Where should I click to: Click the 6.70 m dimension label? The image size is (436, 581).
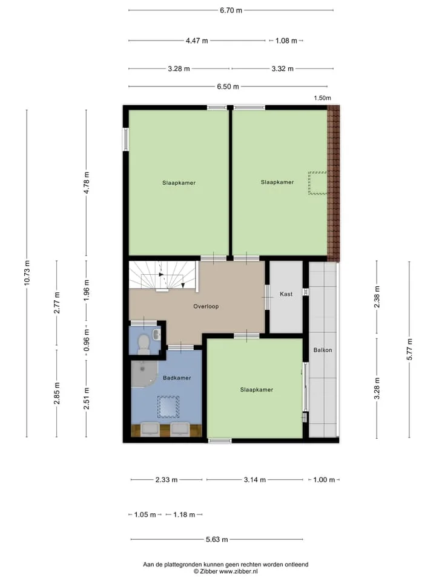tap(231, 10)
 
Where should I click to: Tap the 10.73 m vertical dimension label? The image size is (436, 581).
tap(27, 273)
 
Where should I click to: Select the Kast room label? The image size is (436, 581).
tap(286, 294)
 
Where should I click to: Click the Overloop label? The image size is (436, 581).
tap(206, 306)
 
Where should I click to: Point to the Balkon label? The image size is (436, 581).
tap(323, 350)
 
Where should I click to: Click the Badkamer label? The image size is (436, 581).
tap(177, 378)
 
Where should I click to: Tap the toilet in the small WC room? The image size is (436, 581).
tap(144, 344)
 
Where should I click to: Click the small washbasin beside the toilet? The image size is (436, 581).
tap(157, 334)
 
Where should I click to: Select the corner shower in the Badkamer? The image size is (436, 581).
tap(144, 374)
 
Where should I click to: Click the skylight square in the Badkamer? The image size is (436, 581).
tap(168, 407)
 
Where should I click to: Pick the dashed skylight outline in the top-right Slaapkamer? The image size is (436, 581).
tap(318, 183)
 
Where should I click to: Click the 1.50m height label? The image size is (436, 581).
tap(322, 98)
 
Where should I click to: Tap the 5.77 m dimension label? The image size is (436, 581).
tap(409, 349)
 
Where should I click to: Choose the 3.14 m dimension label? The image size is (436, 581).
tap(255, 480)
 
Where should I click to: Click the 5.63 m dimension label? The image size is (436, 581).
tap(217, 539)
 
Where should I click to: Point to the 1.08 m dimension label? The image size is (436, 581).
tap(286, 41)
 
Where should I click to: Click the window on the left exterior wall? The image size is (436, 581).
tap(126, 139)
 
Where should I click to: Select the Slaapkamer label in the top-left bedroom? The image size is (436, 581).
tap(179, 183)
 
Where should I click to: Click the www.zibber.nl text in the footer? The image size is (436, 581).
tap(239, 571)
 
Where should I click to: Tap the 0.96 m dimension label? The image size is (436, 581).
tap(87, 340)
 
